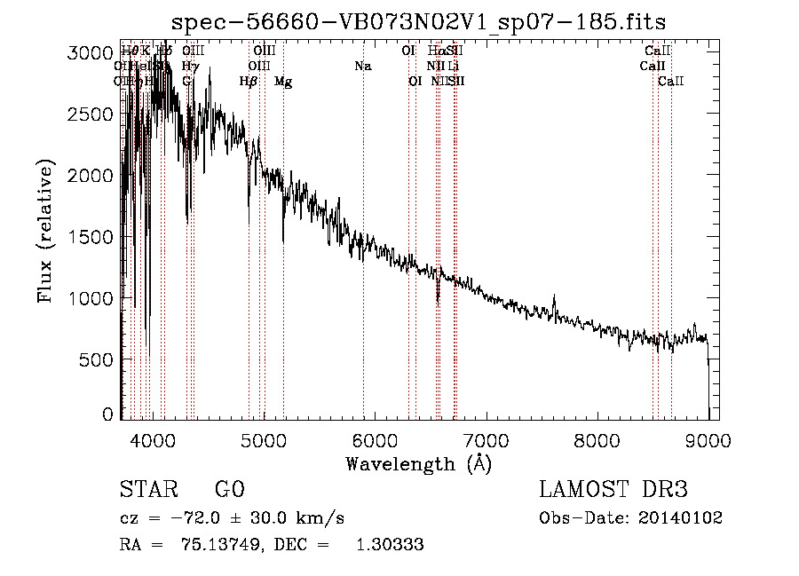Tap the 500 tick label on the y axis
click(97, 359)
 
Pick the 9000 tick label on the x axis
click(708, 439)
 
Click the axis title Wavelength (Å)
click(418, 463)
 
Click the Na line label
click(362, 67)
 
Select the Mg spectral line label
click(283, 82)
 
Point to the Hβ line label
click(249, 82)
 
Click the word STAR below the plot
click(145, 491)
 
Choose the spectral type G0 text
click(229, 491)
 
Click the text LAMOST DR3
click(613, 491)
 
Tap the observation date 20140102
click(680, 518)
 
